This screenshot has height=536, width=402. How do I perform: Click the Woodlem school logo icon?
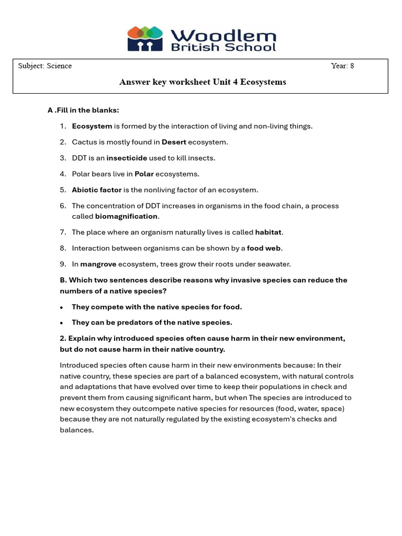[x=145, y=39]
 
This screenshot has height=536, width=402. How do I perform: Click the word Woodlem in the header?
[x=223, y=36]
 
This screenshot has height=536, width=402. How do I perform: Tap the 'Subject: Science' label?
[x=45, y=66]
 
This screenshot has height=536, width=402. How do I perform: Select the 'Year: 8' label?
[x=342, y=66]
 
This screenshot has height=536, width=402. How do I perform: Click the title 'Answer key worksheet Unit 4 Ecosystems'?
[x=203, y=82]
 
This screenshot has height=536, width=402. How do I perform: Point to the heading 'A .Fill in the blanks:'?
[x=83, y=110]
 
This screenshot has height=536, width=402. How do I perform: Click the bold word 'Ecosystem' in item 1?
[x=92, y=126]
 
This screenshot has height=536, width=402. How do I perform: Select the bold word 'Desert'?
[x=174, y=142]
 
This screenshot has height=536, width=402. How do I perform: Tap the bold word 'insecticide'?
[x=127, y=158]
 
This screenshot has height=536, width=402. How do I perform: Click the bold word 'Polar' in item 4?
[x=144, y=174]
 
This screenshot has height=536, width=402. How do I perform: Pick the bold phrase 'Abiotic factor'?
[x=97, y=190]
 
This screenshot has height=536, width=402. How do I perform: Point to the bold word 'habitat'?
[x=269, y=232]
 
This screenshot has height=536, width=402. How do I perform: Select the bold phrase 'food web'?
[x=264, y=248]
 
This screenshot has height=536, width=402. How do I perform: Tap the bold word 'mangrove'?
[x=98, y=264]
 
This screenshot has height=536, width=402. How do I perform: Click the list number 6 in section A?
[x=62, y=206]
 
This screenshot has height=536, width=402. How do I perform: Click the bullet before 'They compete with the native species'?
[x=62, y=307]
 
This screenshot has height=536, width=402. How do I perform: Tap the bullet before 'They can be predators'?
[x=62, y=323]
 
